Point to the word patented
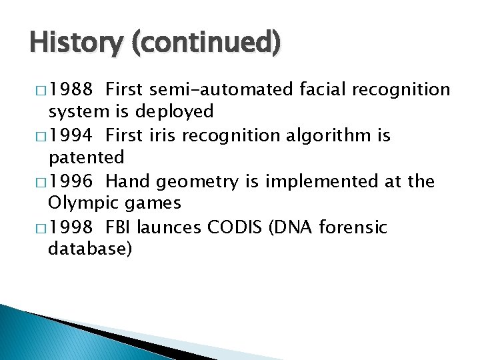pyautogui.click(x=87, y=157)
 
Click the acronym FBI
pyautogui.click(x=119, y=227)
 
